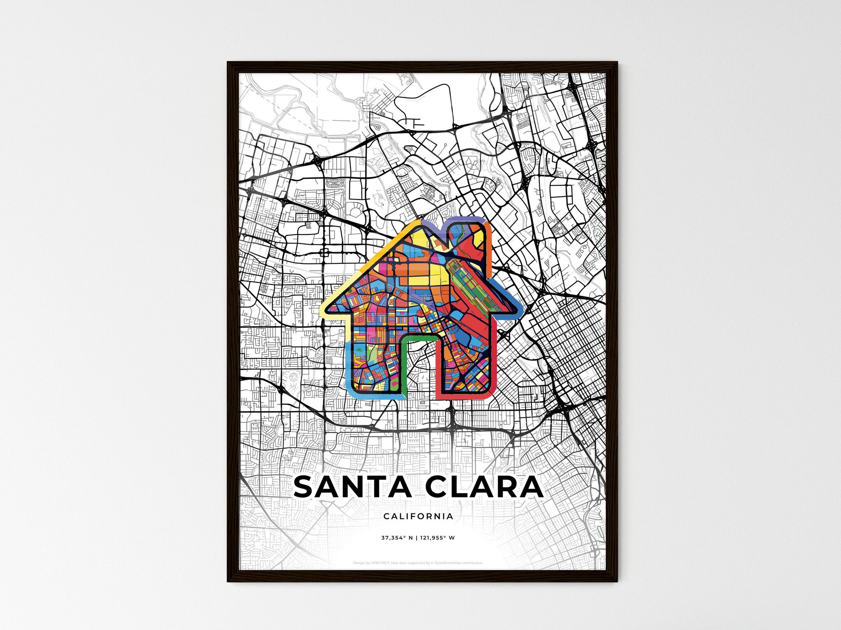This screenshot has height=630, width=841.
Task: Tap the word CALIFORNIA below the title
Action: pyautogui.click(x=418, y=516)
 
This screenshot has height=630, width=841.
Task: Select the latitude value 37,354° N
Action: pyautogui.click(x=396, y=538)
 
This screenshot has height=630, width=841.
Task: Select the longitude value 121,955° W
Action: pyautogui.click(x=438, y=538)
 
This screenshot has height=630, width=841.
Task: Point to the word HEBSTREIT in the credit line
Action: pyautogui.click(x=380, y=563)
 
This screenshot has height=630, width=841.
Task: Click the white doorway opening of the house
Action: pyautogui.click(x=421, y=367)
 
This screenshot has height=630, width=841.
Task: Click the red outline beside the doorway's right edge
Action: pyautogui.click(x=438, y=367)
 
